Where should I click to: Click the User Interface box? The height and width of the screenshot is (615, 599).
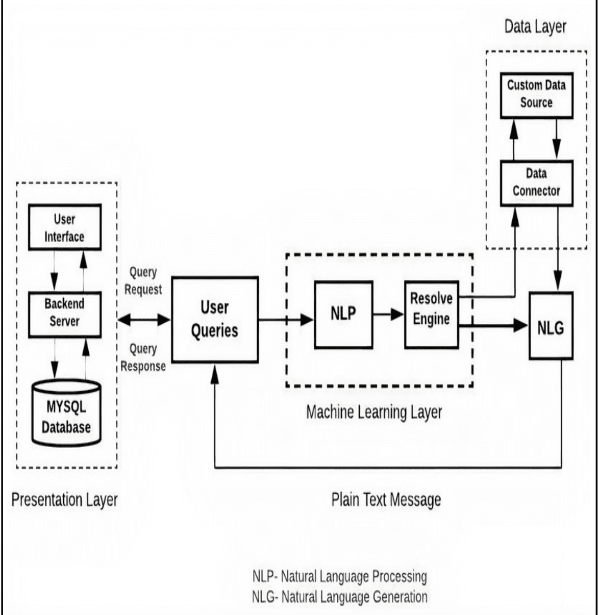click(64, 227)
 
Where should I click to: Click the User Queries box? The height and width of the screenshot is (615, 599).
click(214, 319)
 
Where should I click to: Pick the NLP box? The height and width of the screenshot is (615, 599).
click(343, 314)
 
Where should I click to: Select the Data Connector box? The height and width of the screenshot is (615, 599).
click(536, 183)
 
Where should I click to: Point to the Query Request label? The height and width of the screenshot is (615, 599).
click(143, 281)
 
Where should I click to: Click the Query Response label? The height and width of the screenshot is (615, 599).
click(143, 357)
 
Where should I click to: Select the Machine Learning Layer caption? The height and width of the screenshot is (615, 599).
click(374, 412)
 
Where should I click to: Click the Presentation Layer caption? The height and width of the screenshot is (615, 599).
click(64, 500)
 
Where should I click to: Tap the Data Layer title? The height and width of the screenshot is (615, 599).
click(535, 27)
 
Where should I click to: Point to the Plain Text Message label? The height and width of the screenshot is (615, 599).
click(386, 500)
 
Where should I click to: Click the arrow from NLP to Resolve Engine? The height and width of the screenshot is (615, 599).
click(388, 315)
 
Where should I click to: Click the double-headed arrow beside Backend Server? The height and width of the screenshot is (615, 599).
click(143, 320)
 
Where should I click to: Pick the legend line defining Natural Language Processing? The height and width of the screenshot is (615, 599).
click(339, 577)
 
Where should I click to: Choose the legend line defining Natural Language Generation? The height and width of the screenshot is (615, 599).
click(339, 596)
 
